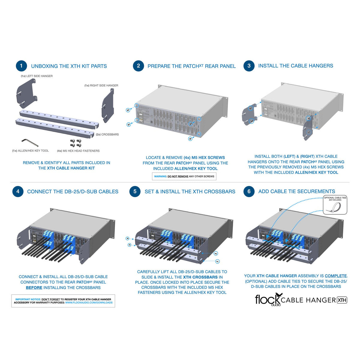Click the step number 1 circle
(x=21, y=66)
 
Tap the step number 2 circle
(x=138, y=66)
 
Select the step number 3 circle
(x=249, y=66)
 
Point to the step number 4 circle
(x=18, y=191)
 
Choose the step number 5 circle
(x=135, y=191)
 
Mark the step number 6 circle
(x=249, y=191)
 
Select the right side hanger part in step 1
(x=108, y=106)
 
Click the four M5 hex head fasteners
(x=76, y=143)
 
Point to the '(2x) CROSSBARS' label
(x=107, y=134)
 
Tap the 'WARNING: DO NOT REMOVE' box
(x=184, y=176)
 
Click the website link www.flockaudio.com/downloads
(x=89, y=303)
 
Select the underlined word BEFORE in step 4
(x=34, y=288)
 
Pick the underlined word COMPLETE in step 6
(x=336, y=276)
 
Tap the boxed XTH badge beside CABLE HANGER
(x=342, y=300)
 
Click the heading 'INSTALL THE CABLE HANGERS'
(x=295, y=66)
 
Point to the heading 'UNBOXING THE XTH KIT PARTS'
(x=69, y=66)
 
